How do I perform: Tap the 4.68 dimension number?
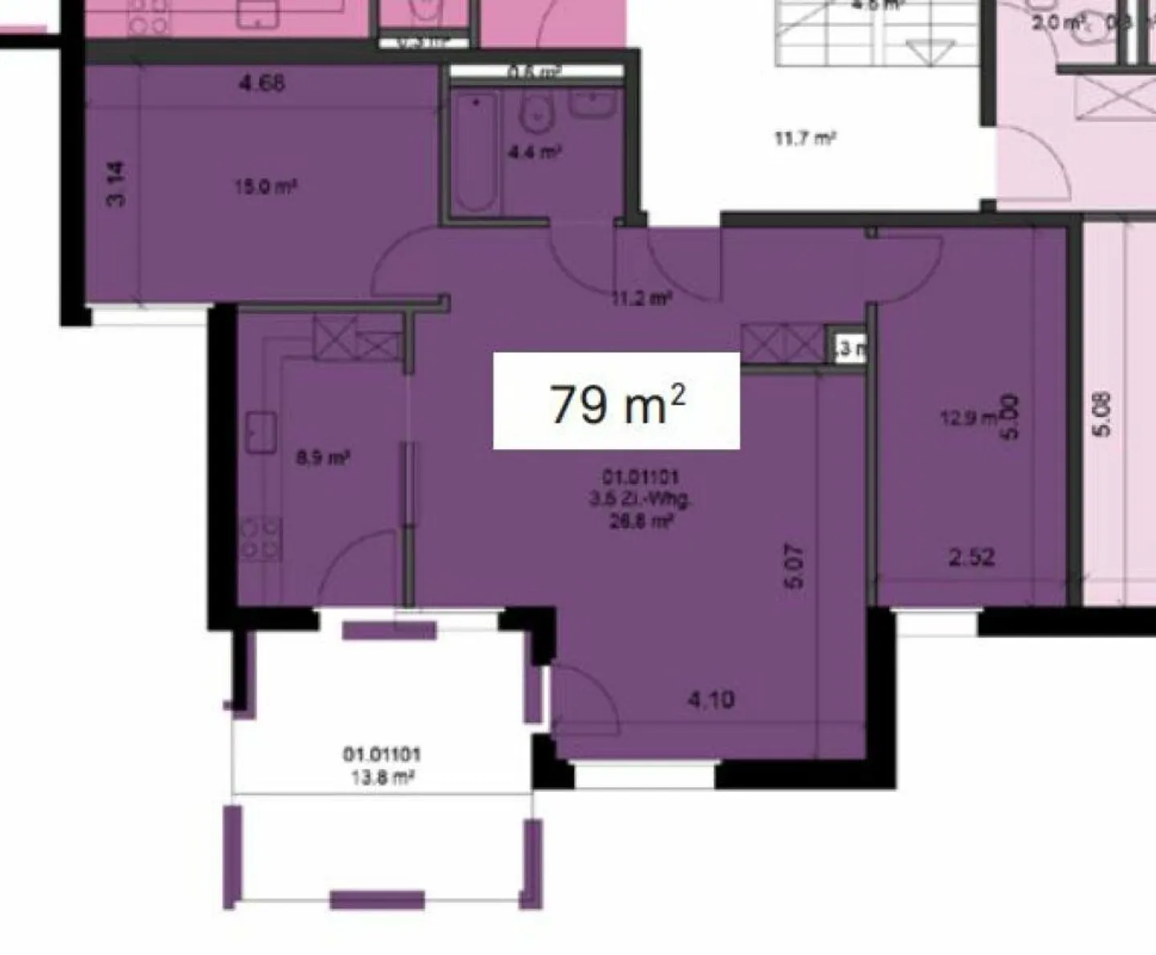click(x=262, y=83)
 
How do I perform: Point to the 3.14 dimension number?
click(x=116, y=184)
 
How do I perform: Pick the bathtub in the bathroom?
click(x=475, y=153)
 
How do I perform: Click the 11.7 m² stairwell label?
click(x=805, y=138)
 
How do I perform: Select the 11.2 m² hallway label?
click(x=641, y=299)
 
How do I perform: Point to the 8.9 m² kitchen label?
click(x=322, y=459)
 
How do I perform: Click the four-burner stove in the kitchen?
click(x=261, y=538)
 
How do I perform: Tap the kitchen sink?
click(x=261, y=433)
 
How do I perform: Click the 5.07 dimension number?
click(x=794, y=566)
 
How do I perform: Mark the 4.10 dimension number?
click(x=711, y=700)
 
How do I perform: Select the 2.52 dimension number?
click(x=971, y=556)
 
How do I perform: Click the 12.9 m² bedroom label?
click(x=967, y=418)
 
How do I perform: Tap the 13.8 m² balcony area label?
click(x=381, y=777)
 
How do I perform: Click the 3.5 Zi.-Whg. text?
click(x=640, y=499)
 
